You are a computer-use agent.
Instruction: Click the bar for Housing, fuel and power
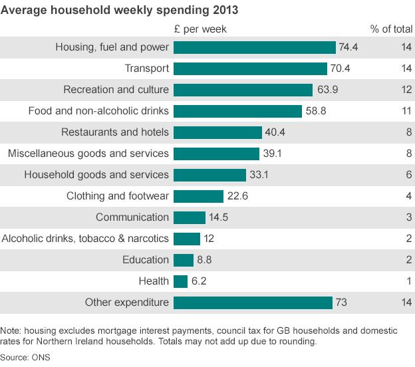tap(254, 47)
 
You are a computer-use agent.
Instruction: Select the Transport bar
tap(250, 68)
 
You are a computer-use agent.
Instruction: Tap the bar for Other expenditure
tap(252, 303)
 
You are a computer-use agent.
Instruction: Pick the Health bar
tap(180, 281)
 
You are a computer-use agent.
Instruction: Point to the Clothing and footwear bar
tap(198, 196)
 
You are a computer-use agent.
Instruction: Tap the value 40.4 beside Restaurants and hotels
tap(275, 132)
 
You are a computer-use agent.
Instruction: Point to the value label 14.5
tap(220, 217)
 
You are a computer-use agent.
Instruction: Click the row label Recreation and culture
tap(116, 90)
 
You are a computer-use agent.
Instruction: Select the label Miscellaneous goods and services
tap(88, 154)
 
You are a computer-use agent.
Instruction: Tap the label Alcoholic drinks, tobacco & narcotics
tap(85, 239)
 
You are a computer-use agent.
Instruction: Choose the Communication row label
tap(132, 217)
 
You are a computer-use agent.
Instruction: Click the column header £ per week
tap(200, 29)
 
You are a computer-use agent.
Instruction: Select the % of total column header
tap(391, 29)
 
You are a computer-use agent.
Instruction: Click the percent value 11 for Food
tap(406, 111)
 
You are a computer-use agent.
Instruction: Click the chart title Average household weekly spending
tap(120, 11)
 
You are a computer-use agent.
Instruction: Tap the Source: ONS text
tap(26, 358)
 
